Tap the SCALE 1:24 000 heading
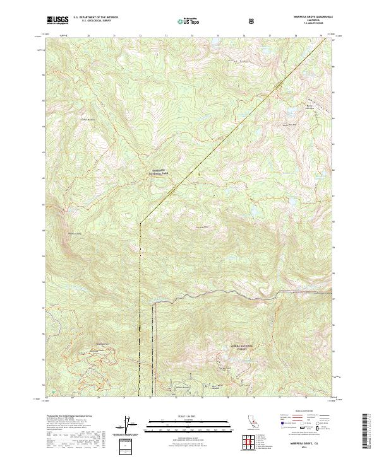pos(181,415)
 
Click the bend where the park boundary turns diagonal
pos(140,222)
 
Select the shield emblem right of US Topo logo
pos(253,21)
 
